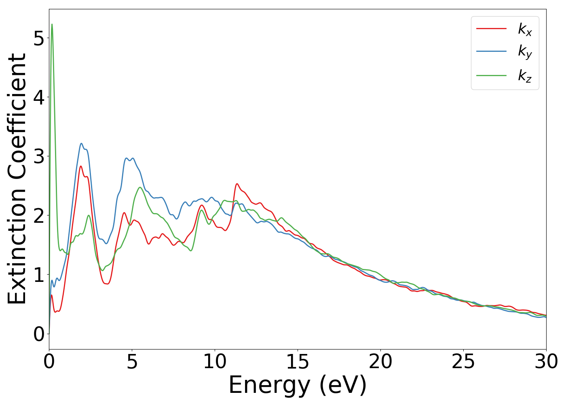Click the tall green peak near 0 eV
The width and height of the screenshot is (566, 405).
click(x=52, y=25)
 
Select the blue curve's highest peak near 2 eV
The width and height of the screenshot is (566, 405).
click(x=81, y=143)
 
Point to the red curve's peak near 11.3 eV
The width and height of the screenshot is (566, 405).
click(x=237, y=184)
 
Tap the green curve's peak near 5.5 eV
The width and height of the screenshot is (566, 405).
click(x=140, y=187)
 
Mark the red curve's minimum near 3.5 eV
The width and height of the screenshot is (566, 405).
click(x=107, y=284)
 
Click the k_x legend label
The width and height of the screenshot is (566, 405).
click(x=525, y=29)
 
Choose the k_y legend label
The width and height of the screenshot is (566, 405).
click(x=525, y=52)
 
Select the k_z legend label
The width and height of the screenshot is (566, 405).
click(x=525, y=76)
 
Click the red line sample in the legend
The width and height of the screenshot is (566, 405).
click(x=491, y=28)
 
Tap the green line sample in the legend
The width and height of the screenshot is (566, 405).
click(x=491, y=75)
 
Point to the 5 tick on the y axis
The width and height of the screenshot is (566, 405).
click(x=39, y=38)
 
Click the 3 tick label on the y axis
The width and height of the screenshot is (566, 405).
click(x=39, y=156)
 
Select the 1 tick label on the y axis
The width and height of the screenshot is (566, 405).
click(x=39, y=275)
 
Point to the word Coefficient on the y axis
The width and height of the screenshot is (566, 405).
click(x=17, y=117)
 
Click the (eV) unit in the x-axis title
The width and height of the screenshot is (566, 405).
click(x=343, y=386)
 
